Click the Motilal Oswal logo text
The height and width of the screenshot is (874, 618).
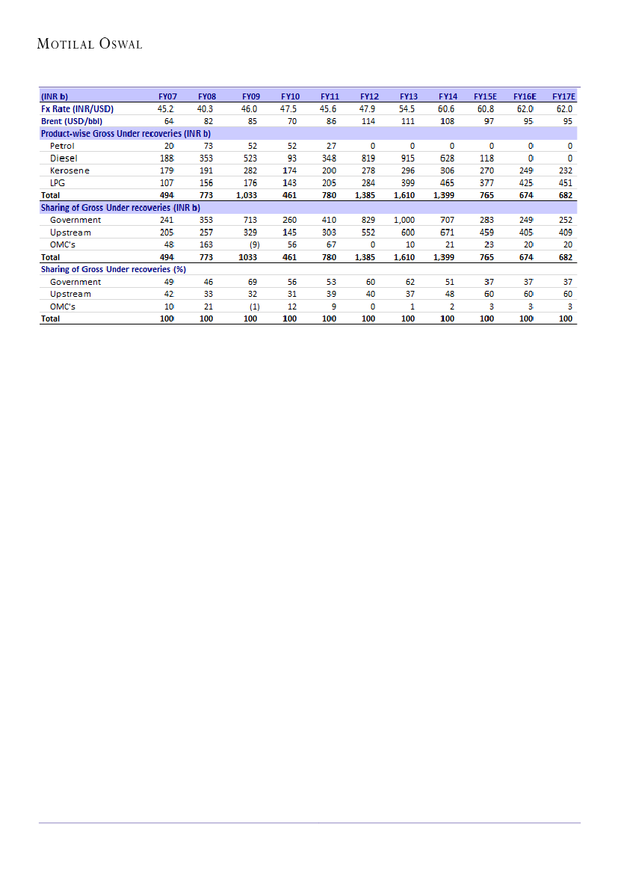point(90,44)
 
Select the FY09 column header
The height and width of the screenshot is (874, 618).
point(251,96)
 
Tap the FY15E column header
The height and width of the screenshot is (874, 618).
point(485,96)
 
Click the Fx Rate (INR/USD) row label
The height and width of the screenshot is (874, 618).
point(78,108)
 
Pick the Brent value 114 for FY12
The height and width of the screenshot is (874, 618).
point(368,121)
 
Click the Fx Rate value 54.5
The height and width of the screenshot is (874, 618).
point(407,108)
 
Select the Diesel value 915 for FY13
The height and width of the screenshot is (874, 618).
point(407,159)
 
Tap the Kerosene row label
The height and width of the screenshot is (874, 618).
point(69,170)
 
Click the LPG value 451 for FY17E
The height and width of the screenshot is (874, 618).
point(566,182)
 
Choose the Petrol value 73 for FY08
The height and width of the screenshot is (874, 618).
point(207,146)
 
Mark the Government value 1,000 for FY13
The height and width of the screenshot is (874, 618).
point(404,220)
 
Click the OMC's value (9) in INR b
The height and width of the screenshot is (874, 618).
point(253,244)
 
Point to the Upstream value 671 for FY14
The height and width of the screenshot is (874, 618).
point(447,233)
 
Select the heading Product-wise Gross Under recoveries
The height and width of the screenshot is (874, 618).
point(126,133)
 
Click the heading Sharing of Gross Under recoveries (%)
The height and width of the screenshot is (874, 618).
point(114,269)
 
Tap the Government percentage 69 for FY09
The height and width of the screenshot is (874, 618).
point(253,282)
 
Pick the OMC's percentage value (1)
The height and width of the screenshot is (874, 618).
point(254,307)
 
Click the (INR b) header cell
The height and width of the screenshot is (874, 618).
point(55,96)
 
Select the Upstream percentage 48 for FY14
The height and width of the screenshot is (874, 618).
point(450,294)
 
